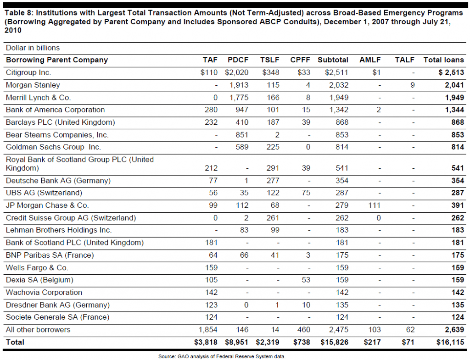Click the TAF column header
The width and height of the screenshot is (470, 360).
pos(210,60)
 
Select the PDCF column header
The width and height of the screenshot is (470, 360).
pos(238,60)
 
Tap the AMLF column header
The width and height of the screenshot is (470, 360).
pos(370,60)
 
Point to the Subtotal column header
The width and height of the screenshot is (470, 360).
pos(333,60)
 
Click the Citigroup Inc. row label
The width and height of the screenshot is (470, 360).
pos(28,72)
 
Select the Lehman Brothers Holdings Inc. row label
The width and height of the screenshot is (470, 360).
pos(59,230)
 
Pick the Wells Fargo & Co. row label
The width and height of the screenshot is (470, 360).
pos(37,267)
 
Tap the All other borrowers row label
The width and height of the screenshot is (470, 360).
pos(38,330)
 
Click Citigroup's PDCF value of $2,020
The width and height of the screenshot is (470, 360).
pos(237,72)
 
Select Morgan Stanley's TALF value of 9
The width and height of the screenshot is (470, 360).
pos(413,85)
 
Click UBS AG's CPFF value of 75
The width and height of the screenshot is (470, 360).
pos(306,193)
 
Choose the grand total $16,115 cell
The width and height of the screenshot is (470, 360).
pos(450,342)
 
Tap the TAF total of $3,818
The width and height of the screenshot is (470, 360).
pos(206,342)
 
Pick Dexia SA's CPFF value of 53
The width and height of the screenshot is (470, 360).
pos(306,280)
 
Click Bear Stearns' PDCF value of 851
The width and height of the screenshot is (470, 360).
pos(242,135)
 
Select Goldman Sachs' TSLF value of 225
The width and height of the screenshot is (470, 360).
pos(273,147)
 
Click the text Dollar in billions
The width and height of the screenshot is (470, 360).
pos(33,48)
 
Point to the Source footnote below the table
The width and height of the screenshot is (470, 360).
pos(222,356)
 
